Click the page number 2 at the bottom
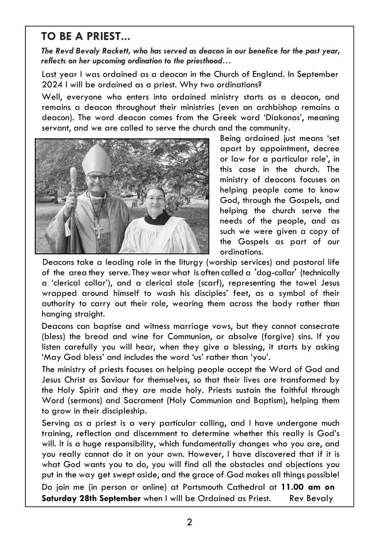pos(189,523)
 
